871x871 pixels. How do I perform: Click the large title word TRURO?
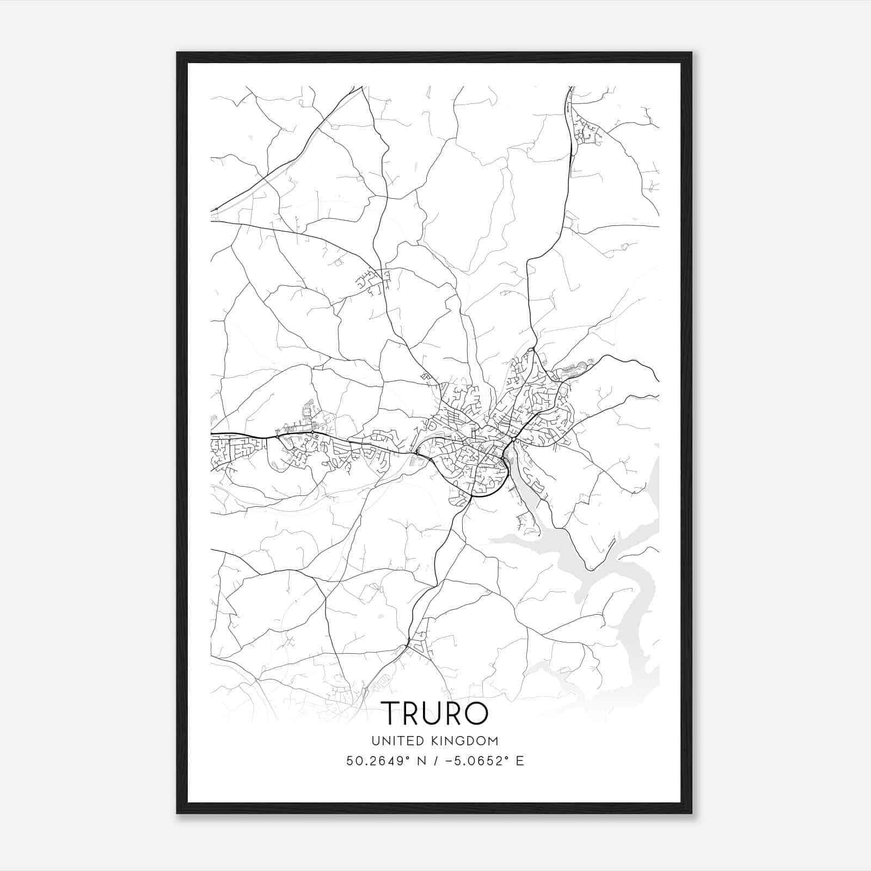434,713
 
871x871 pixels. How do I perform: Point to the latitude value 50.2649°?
376,761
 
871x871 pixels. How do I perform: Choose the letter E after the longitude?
520,761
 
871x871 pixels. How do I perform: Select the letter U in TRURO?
432,713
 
